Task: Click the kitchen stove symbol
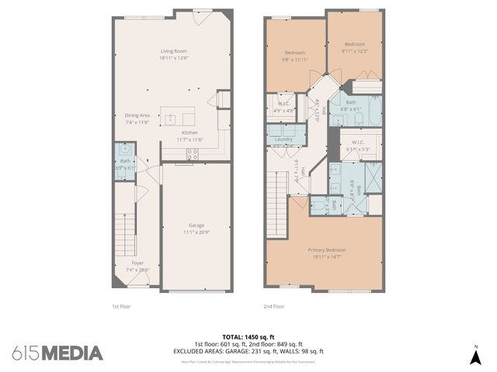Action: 191,154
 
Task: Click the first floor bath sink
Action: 124,149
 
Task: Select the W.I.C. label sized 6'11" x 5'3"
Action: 358,145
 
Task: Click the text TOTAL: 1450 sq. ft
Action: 248,337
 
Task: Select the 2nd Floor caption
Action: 273,306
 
